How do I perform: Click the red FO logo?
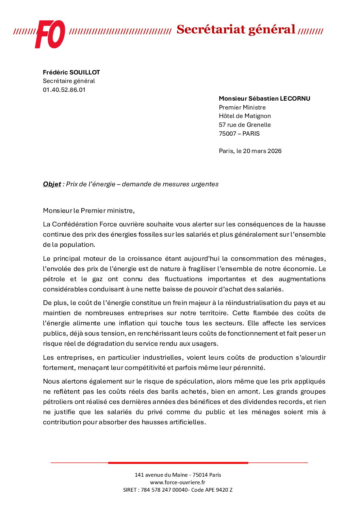coord(50,34)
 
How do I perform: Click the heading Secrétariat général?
coord(235,30)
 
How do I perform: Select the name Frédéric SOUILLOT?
coord(71,72)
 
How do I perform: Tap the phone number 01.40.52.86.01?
coord(64,90)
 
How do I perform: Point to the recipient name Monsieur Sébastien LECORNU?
coord(264,99)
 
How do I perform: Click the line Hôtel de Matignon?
coord(245,116)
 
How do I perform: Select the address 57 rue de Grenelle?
coord(245,125)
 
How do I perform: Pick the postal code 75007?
coord(227,134)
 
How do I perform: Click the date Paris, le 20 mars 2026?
coord(250,151)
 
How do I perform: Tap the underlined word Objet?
coord(52,184)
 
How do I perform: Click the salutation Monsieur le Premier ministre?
coord(89,211)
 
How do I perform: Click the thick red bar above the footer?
coord(178,463)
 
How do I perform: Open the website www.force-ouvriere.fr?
coord(178,482)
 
